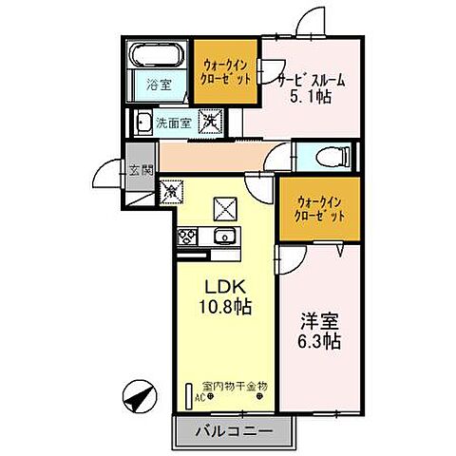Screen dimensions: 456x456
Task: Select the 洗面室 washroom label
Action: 174,123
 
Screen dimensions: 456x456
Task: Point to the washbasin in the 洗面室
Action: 142,122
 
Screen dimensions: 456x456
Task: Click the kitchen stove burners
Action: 185,236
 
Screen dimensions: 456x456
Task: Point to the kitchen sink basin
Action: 224,237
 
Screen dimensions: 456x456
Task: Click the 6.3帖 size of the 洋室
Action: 320,341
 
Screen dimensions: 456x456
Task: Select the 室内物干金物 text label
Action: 235,386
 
